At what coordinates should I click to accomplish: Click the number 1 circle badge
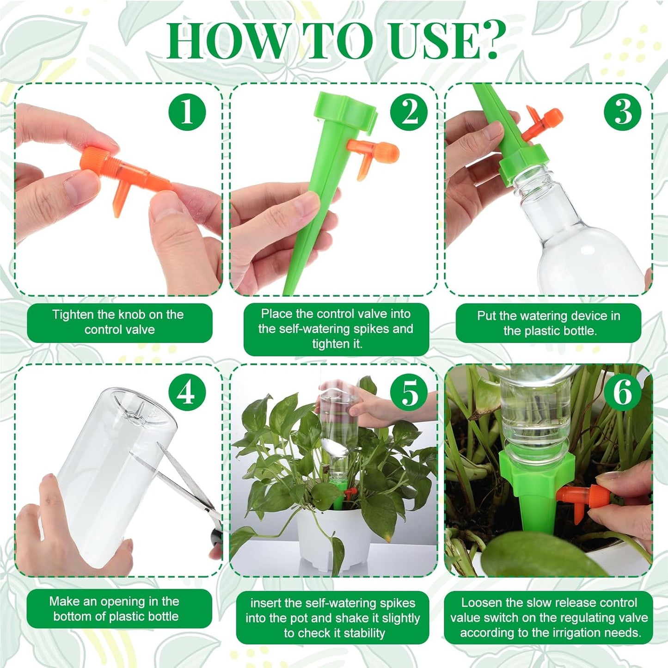click(187, 111)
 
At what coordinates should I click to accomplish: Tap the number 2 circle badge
click(409, 111)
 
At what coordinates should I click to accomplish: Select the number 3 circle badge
click(623, 111)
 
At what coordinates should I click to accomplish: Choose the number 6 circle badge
click(623, 392)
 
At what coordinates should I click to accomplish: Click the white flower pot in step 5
click(333, 536)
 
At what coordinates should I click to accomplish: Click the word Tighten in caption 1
click(73, 315)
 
